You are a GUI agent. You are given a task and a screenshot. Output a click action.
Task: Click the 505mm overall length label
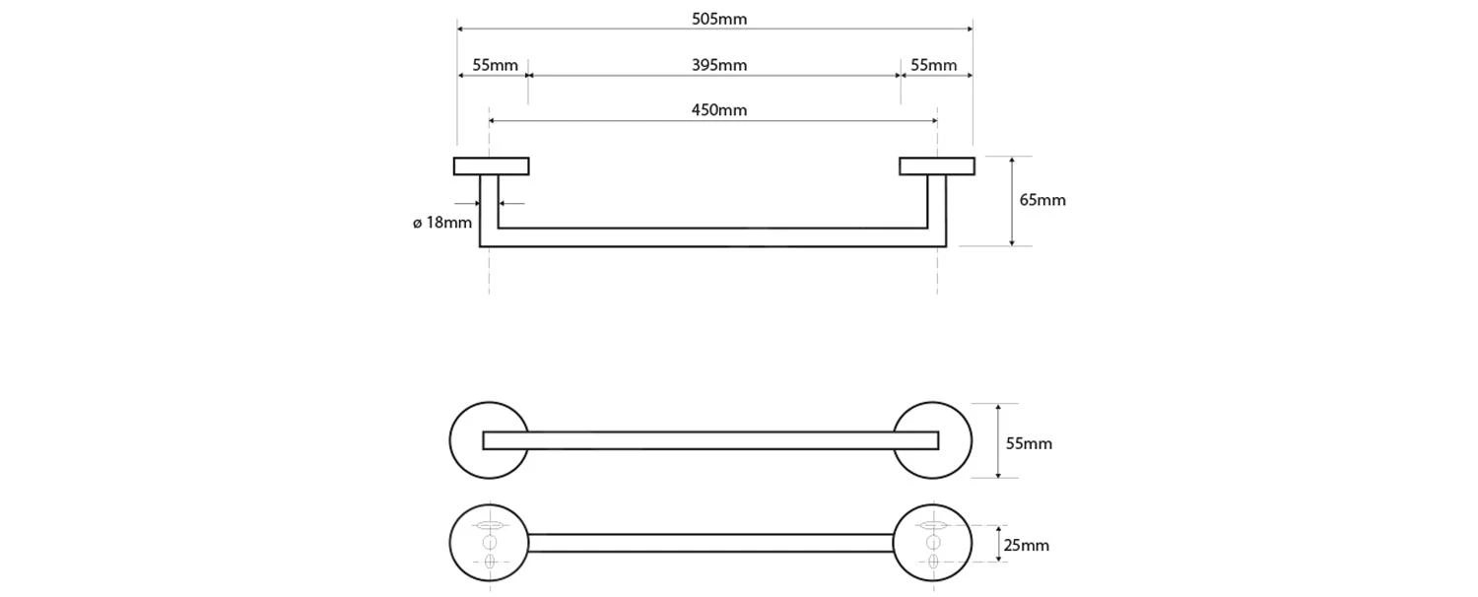click(718, 19)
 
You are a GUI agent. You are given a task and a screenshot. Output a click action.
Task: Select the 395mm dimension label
click(718, 65)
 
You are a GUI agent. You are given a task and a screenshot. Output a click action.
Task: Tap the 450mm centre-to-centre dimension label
click(718, 110)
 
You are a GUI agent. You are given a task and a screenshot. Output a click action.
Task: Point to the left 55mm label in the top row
click(495, 65)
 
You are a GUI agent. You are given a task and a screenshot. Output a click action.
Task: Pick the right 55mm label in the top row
click(933, 65)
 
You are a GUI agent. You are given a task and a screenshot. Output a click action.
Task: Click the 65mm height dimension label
click(1042, 200)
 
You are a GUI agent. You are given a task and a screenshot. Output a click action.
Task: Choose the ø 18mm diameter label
click(442, 223)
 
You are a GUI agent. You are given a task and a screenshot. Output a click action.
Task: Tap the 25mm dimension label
click(1027, 545)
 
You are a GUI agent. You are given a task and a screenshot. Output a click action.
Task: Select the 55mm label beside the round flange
click(1029, 443)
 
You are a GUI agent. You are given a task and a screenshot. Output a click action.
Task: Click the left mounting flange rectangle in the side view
click(492, 166)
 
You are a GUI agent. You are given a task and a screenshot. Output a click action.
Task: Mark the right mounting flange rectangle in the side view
click(937, 166)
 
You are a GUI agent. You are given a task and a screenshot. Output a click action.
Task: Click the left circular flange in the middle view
click(466, 440)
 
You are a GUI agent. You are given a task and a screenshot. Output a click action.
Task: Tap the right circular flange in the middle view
click(955, 440)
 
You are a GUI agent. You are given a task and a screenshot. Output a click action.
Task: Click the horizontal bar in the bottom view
click(710, 543)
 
